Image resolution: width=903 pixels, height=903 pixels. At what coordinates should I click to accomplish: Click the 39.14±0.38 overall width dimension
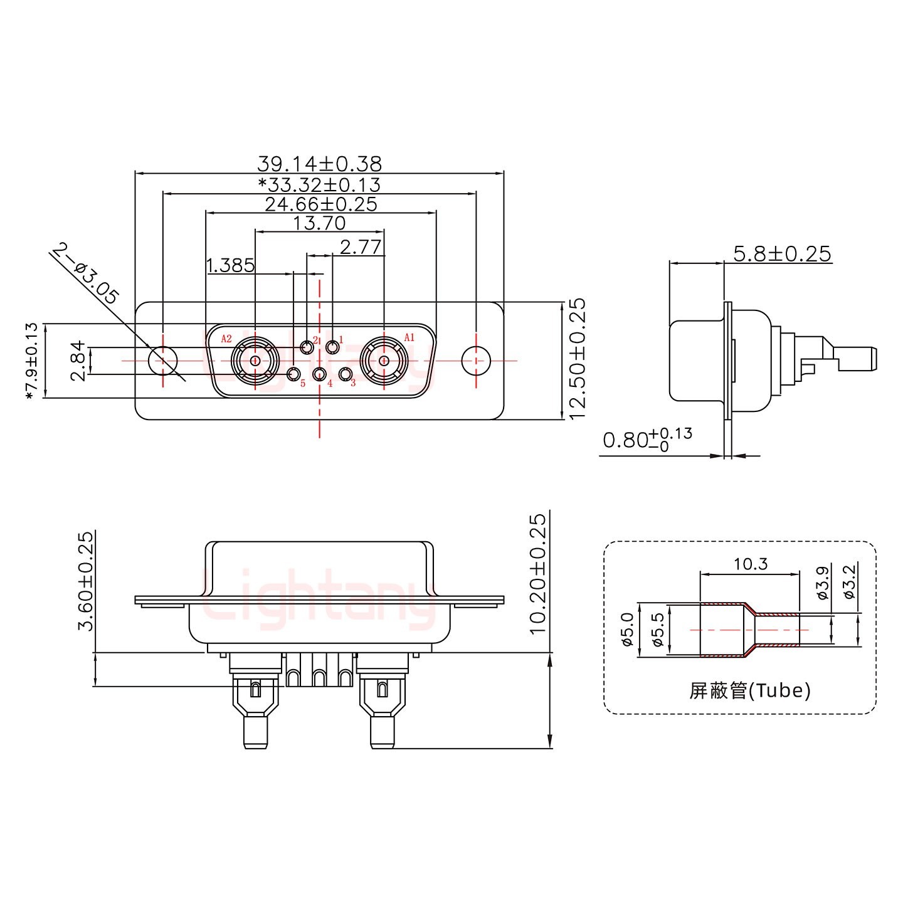click(x=319, y=164)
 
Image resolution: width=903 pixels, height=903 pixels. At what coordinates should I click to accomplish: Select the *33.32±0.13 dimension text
click(x=319, y=184)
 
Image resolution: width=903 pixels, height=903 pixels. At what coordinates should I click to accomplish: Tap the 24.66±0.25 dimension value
click(x=320, y=204)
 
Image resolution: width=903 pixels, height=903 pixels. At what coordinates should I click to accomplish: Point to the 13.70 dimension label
click(x=319, y=223)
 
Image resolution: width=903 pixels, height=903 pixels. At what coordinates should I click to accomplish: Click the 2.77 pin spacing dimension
click(x=360, y=246)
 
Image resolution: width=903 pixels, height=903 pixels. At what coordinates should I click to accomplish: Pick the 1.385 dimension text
click(x=230, y=265)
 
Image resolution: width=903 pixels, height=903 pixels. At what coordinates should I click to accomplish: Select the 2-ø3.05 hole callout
click(x=85, y=274)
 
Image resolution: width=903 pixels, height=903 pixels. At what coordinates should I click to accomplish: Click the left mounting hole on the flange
click(x=163, y=361)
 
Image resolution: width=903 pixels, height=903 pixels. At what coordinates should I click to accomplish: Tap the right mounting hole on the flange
click(x=477, y=361)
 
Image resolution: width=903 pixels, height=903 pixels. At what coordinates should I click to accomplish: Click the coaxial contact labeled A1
click(x=383, y=361)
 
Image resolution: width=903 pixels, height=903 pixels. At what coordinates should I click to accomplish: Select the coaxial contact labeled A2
click(x=255, y=361)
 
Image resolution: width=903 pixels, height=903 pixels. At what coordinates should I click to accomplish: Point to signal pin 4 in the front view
click(x=320, y=375)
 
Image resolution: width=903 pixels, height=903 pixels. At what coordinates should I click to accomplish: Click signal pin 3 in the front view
click(x=345, y=375)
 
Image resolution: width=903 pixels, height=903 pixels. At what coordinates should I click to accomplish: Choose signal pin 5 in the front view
click(x=293, y=375)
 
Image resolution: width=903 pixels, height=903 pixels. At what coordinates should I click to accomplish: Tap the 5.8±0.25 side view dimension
click(x=782, y=254)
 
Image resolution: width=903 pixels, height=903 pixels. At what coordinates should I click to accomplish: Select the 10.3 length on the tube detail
click(x=751, y=564)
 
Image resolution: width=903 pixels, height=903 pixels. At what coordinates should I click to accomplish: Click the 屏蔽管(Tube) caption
click(x=749, y=690)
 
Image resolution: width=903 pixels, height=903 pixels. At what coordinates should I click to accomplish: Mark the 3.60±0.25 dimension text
click(x=85, y=581)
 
